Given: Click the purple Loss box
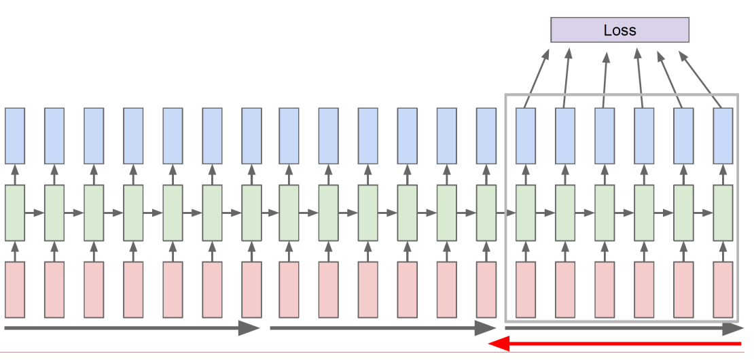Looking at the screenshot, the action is click(x=620, y=30).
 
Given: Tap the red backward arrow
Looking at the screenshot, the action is click(x=615, y=344).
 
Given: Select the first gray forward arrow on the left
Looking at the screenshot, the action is click(x=132, y=329).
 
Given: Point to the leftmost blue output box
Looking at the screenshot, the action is click(x=15, y=135).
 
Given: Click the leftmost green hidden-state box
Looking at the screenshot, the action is click(x=15, y=213).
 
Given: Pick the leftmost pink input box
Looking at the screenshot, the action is click(x=15, y=289).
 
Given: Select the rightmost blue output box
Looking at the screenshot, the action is click(x=723, y=135).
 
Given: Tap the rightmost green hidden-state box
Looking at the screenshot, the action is click(x=723, y=213).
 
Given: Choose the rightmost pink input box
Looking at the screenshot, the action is click(x=723, y=289).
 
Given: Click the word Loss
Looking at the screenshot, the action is click(x=620, y=30).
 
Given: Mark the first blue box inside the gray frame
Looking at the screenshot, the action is click(x=526, y=135).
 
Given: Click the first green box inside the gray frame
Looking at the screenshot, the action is click(x=526, y=213).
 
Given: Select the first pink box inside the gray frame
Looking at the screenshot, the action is click(x=526, y=289).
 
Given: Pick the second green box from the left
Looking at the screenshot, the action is click(x=54, y=213).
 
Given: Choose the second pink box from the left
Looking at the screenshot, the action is click(x=54, y=289).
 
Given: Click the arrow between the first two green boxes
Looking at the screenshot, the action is click(x=35, y=213).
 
